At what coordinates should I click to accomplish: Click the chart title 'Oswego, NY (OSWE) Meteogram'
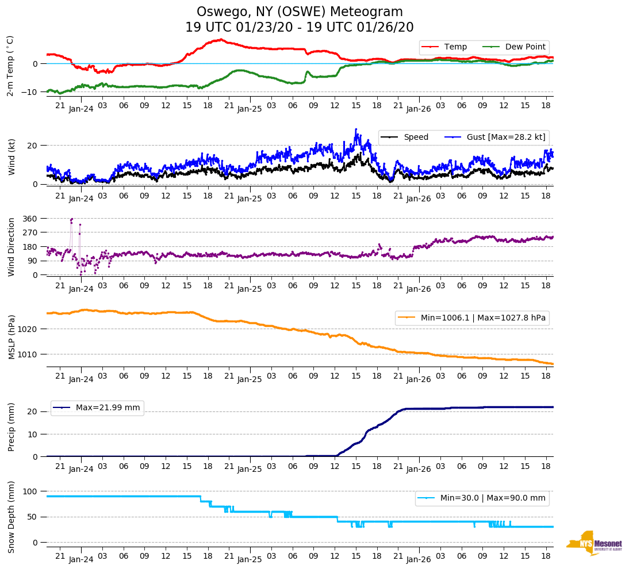pos(300,12)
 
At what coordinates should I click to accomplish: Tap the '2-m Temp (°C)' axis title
pos(10,66)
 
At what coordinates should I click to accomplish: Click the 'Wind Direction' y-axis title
pos(11,246)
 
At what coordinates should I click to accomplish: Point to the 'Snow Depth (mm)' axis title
pos(11,517)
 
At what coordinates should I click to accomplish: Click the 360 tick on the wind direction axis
pos(30,219)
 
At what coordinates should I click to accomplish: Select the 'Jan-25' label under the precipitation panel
pos(250,469)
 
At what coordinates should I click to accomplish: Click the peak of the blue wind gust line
pos(356,129)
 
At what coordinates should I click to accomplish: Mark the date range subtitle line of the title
pos(300,28)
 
